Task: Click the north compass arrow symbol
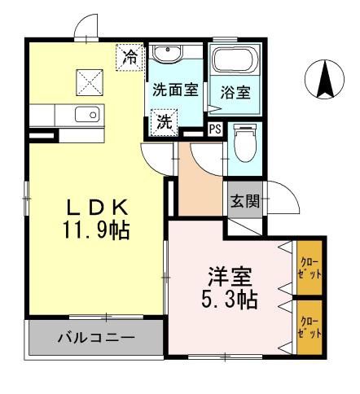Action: click(x=323, y=80)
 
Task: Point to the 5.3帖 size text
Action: click(x=230, y=300)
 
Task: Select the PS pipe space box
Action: click(x=215, y=129)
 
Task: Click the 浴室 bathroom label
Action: click(x=235, y=93)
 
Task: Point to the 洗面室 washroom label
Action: click(x=175, y=90)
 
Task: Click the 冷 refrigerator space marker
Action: click(x=129, y=57)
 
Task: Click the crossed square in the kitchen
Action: click(x=87, y=81)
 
